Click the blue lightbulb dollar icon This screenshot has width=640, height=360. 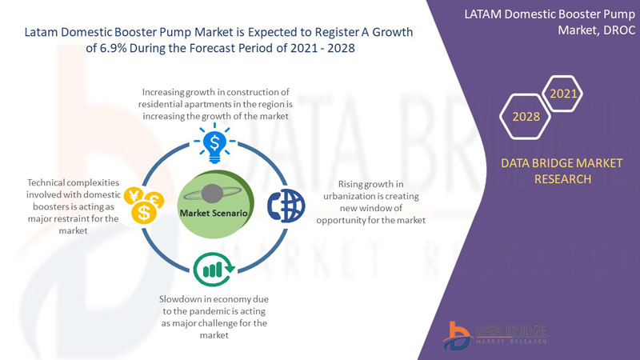(214, 143)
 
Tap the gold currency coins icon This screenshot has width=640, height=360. (144, 206)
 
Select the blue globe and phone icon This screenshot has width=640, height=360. (286, 206)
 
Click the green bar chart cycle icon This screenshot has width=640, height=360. (214, 270)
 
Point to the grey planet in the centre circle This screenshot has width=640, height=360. (212, 194)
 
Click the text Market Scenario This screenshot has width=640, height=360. (214, 213)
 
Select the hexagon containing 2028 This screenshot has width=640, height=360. (526, 117)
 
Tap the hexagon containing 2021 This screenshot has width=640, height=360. (563, 94)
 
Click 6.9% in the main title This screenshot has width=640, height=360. (113, 48)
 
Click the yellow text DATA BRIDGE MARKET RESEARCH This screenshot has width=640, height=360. (562, 171)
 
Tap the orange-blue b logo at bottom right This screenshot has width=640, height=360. (456, 336)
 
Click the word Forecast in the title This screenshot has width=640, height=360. (206, 48)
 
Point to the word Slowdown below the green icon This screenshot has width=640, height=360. (180, 299)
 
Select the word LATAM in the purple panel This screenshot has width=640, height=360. (483, 14)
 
